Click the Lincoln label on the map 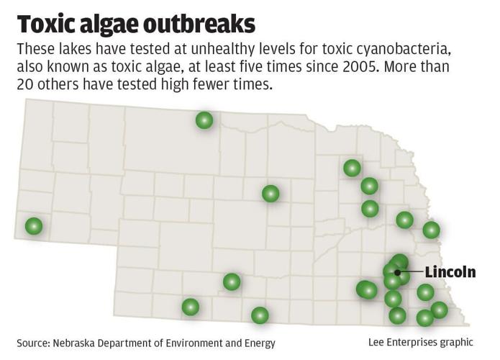coord(450,272)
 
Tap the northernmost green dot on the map coord(204,120)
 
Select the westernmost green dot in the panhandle coord(34,226)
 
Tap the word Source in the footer coord(33,343)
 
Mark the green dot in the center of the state coord(271,193)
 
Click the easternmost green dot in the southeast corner coord(439,310)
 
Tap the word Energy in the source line coord(258,343)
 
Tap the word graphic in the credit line coord(457,342)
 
